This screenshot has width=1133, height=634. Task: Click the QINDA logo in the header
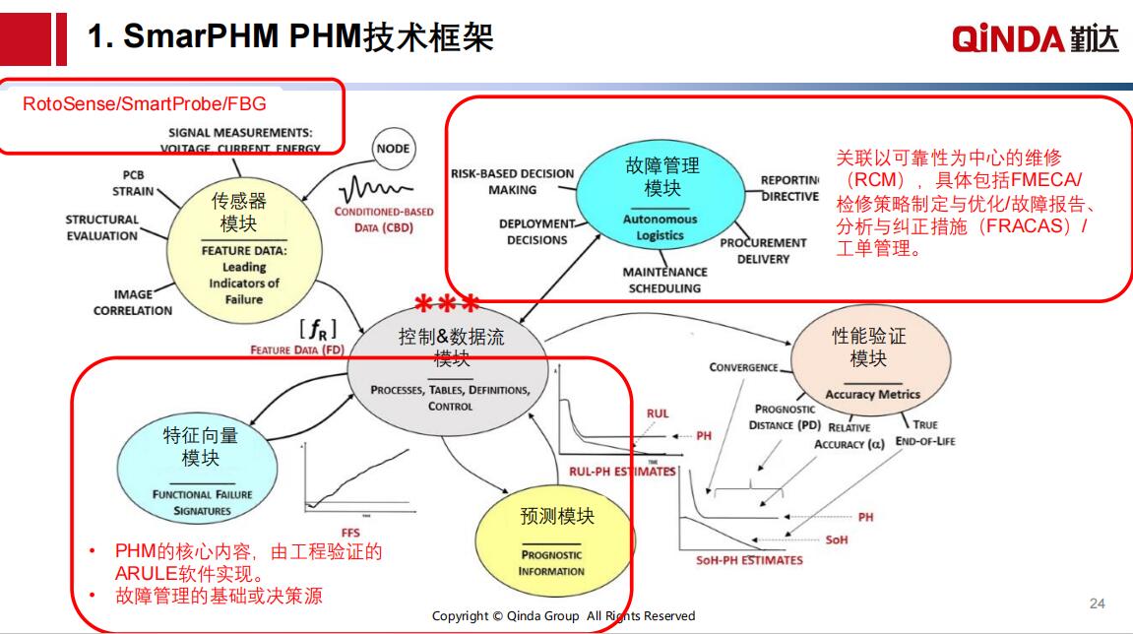[x=1035, y=38]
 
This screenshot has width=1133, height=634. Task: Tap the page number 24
[x=1098, y=602]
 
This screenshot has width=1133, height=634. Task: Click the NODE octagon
[x=393, y=149]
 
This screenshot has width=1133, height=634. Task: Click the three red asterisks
[x=446, y=302]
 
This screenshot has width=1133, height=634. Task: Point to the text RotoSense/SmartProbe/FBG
[x=144, y=103]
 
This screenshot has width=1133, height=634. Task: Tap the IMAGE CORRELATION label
[x=132, y=302]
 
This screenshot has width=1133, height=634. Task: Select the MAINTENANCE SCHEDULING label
[x=664, y=280]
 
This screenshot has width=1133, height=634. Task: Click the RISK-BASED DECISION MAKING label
[x=512, y=181]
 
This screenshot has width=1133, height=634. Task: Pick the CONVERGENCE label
[x=743, y=367]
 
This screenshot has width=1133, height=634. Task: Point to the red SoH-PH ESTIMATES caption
[x=749, y=560]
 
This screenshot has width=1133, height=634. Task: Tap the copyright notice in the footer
[x=563, y=616]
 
